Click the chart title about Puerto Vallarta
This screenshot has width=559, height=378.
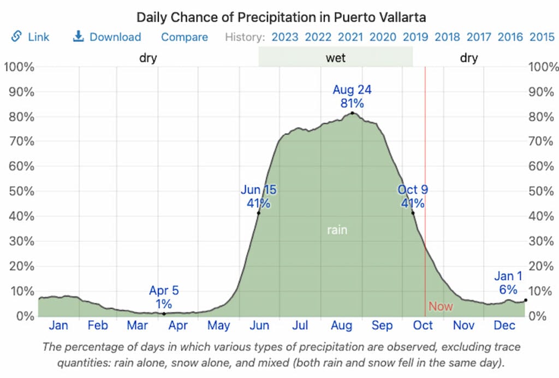click(x=281, y=17)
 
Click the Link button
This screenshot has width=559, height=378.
click(x=31, y=37)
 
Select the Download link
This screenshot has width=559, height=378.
click(x=107, y=37)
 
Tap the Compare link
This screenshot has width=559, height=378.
click(x=185, y=37)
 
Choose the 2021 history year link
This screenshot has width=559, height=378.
click(x=351, y=37)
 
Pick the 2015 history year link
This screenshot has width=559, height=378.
click(x=542, y=37)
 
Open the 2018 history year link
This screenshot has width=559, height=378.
click(x=447, y=37)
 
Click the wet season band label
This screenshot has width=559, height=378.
click(x=336, y=58)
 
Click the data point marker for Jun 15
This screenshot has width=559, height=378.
click(x=258, y=213)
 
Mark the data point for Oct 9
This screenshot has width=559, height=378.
click(x=413, y=213)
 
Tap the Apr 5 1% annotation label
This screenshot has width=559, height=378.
click(x=164, y=297)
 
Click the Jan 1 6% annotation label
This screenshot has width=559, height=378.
click(x=508, y=282)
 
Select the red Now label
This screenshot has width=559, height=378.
click(x=441, y=306)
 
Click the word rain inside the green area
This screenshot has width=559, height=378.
click(x=337, y=230)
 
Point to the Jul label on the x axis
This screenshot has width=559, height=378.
click(x=300, y=326)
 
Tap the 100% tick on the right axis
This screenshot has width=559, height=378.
click(x=542, y=67)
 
